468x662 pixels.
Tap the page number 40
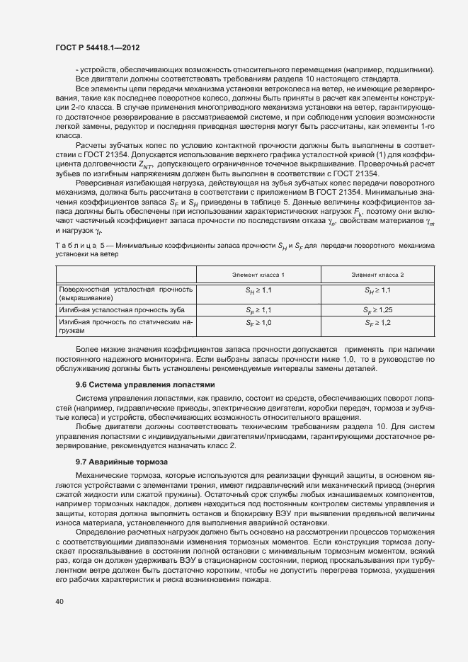click(59, 602)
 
